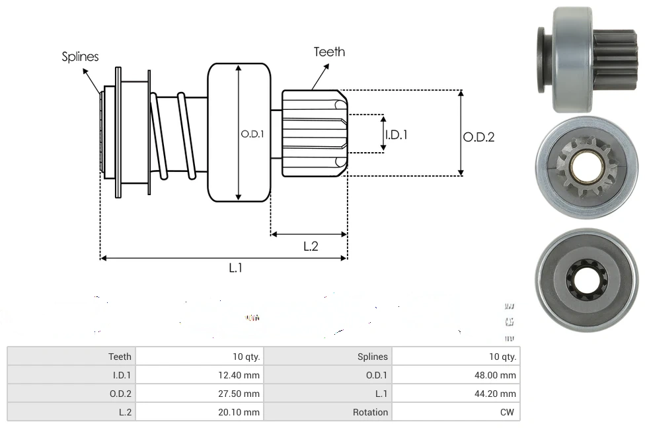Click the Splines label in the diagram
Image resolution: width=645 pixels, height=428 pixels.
(x=80, y=57)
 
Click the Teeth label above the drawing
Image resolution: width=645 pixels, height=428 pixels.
(x=329, y=52)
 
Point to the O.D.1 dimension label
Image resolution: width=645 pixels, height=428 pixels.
(x=252, y=133)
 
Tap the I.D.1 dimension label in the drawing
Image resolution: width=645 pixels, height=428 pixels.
(x=397, y=134)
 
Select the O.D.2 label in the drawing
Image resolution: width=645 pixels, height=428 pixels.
(x=478, y=137)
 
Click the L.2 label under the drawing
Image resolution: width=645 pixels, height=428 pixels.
(x=311, y=246)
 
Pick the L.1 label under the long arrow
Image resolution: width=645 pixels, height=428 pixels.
(x=236, y=268)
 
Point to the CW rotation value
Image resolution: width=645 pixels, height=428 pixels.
(x=508, y=412)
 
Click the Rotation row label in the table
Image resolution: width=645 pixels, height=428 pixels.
(x=370, y=412)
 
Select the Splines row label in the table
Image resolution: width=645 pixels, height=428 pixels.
(x=373, y=357)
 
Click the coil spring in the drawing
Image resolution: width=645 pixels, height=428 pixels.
(x=173, y=136)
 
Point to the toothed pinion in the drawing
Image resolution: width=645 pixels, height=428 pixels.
(x=314, y=133)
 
